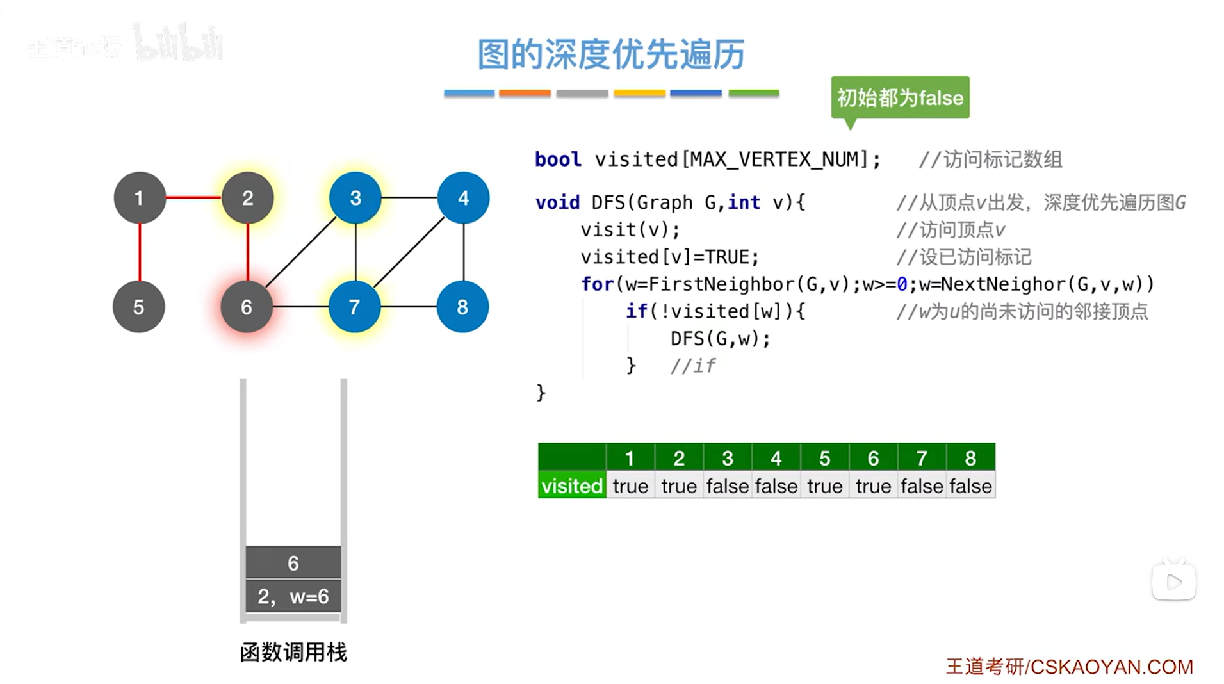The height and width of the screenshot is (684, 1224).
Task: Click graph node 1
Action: pos(139,198)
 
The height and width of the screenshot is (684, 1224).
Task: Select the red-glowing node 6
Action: pos(247,307)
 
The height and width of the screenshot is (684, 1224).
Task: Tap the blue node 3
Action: pos(355,198)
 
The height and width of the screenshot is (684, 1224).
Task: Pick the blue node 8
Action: pos(462,307)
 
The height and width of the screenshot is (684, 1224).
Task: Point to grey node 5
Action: pos(138,307)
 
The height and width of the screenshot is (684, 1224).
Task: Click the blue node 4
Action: pos(463,198)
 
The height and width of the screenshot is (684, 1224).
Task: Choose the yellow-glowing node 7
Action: pos(354,307)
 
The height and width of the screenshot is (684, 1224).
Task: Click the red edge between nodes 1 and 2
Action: pos(193,197)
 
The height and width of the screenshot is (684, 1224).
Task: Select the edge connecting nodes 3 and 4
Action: pos(409,197)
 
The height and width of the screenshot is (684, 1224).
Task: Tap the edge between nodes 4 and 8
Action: pos(463,252)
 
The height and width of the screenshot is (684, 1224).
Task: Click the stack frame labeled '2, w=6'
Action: pos(293,596)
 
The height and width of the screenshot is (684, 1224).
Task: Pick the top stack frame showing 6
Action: pos(293,562)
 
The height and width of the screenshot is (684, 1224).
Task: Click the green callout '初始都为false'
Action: pos(900,98)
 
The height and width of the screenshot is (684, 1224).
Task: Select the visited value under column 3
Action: pos(727,486)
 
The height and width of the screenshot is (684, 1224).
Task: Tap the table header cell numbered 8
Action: pos(970,458)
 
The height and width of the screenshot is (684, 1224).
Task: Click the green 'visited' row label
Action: pos(572,486)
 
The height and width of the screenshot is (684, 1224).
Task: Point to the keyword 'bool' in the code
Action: pos(558,159)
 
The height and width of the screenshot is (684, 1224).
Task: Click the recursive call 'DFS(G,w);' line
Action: pos(720,338)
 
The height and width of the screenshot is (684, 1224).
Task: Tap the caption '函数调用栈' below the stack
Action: pos(293,652)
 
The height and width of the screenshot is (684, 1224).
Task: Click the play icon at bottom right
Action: pos(1173,582)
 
